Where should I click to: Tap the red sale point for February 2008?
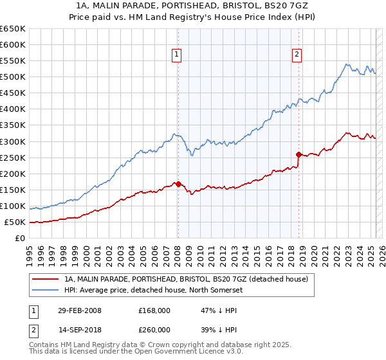point(178,184)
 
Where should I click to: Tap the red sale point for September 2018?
point(299,154)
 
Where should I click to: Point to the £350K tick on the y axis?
point(13,125)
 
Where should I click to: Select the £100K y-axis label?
point(13,206)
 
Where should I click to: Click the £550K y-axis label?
point(13,61)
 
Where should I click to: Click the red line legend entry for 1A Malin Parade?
point(187,279)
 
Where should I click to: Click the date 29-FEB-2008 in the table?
point(79,310)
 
